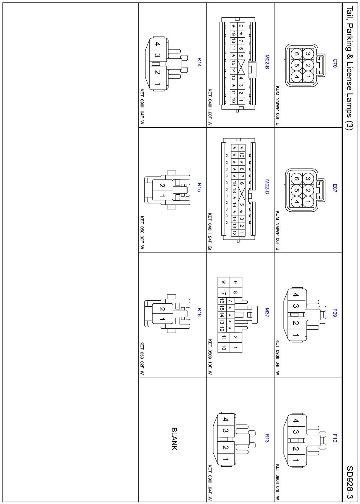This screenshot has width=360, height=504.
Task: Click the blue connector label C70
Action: (334, 63)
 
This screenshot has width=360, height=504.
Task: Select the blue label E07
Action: (334, 188)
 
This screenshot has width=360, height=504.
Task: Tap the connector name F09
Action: (334, 313)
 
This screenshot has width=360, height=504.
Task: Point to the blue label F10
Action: (334, 438)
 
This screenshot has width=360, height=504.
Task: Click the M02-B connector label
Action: (267, 62)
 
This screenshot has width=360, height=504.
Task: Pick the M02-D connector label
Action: (267, 187)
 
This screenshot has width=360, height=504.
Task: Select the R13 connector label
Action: (267, 438)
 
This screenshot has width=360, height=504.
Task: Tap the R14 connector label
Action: (199, 62)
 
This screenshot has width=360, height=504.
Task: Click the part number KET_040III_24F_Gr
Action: (210, 232)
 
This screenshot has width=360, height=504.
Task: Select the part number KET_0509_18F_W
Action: (210, 357)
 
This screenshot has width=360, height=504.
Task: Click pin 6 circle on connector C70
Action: (297, 54)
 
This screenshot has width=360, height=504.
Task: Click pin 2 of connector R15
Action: (162, 186)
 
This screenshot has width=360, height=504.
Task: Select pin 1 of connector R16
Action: (162, 319)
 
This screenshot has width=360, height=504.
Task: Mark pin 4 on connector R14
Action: (157, 44)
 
